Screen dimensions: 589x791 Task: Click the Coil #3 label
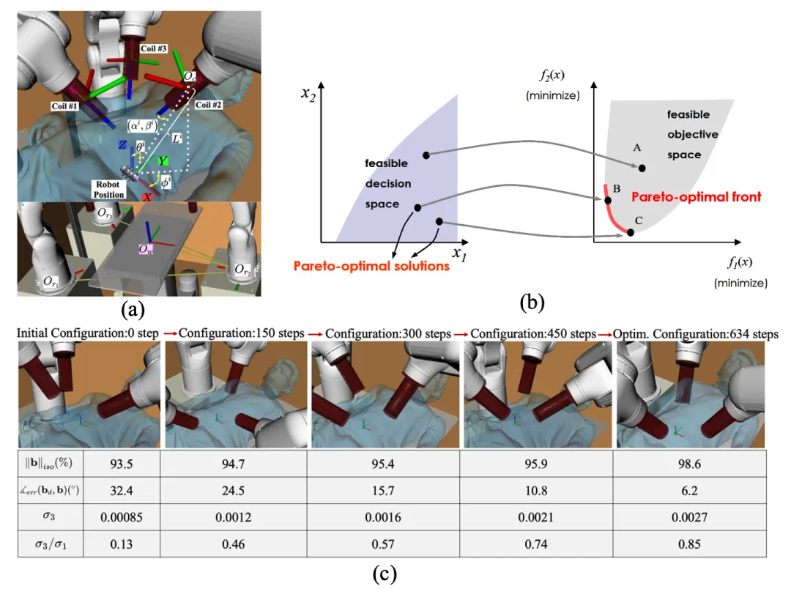pos(154,48)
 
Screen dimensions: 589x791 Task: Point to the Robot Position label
pos(107,190)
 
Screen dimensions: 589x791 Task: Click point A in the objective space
pos(642,168)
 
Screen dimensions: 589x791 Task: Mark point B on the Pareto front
pos(607,199)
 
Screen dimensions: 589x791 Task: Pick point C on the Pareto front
pos(631,232)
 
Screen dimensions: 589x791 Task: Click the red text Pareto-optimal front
pos(697,196)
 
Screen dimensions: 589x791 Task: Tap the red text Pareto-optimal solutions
pos(371,266)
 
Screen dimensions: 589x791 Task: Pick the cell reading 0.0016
pos(386,517)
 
